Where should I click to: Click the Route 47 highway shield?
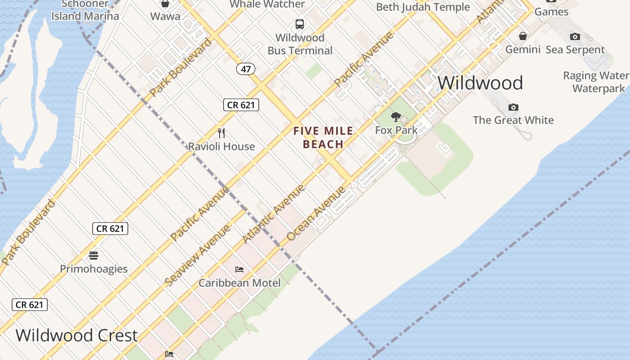point(246,69)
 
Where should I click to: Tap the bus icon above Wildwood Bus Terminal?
point(300,24)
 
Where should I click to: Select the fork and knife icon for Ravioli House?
point(221,133)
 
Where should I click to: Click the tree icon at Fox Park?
point(396,117)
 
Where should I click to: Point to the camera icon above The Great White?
point(513,107)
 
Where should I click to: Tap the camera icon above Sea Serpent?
point(575,36)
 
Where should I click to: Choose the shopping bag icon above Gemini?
point(523,36)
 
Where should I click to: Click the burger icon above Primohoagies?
point(94,256)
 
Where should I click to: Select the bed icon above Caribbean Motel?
point(239,270)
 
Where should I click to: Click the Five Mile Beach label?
point(323,138)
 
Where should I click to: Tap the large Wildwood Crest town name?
point(76,336)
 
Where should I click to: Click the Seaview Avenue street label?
point(198,255)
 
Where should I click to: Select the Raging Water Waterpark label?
point(597,82)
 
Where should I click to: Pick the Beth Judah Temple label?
point(423,7)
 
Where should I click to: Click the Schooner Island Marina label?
point(85,10)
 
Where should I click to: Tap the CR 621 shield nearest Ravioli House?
point(241,105)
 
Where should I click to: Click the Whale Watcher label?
point(267,4)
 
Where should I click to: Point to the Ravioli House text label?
point(221,146)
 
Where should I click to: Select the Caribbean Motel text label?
point(239,283)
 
